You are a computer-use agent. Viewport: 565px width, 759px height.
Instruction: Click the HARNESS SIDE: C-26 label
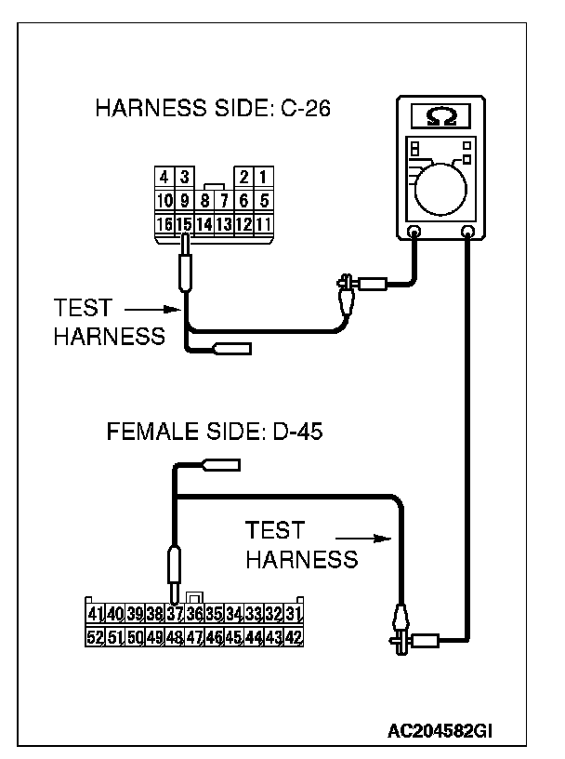tap(214, 110)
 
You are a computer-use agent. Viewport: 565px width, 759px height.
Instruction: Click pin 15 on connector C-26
tap(183, 223)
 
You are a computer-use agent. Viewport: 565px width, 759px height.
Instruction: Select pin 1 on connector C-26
tap(264, 177)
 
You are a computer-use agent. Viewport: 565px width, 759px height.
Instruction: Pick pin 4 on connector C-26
tap(164, 177)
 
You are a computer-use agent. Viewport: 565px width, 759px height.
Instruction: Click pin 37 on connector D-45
tap(174, 614)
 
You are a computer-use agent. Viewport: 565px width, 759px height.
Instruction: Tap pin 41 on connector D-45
tap(94, 614)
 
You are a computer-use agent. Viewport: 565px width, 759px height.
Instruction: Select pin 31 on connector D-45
tap(294, 614)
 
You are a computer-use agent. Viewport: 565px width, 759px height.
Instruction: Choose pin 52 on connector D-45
tap(94, 637)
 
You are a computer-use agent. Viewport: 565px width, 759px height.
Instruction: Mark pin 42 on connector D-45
tap(294, 637)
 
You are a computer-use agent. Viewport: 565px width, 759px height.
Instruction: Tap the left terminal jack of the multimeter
tap(414, 232)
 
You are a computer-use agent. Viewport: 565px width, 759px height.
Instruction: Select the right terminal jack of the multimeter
tap(468, 232)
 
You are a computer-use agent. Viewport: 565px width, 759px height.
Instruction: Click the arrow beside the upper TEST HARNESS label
tap(149, 309)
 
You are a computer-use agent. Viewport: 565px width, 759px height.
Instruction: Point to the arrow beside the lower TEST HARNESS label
tap(361, 537)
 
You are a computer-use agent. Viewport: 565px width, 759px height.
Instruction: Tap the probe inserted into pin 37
tap(173, 567)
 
